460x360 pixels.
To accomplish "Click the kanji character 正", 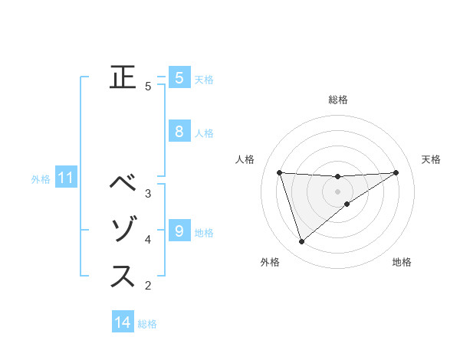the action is pos(123,77).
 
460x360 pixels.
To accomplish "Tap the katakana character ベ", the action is pos(123,183).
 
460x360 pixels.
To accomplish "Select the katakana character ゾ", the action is pos(123,230).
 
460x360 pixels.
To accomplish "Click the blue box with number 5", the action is pos(179,77).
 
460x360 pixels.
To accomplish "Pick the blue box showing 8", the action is pos(179,131).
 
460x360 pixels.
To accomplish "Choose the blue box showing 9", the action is pos(179,230).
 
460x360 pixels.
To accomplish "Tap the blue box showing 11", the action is pos(65,178).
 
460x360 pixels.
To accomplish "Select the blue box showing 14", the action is pos(123,322).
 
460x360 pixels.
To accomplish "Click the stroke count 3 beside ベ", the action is pos(148,193).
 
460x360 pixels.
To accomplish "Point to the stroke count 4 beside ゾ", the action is pos(148,240).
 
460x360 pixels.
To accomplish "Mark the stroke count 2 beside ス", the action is pos(148,286).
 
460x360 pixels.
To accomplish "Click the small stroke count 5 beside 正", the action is pos(148,87).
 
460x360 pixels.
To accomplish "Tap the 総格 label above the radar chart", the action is pos(337,100).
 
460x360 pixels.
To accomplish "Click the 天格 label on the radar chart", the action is pos(431,159).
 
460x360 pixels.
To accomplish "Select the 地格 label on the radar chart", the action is pos(402,262).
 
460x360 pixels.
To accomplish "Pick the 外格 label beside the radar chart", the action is pos(270,262).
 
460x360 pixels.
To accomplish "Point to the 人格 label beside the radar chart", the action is pos(245,159).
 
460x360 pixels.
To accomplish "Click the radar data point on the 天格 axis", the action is pos(396,172).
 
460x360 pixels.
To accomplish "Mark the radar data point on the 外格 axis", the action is pos(301,242).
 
